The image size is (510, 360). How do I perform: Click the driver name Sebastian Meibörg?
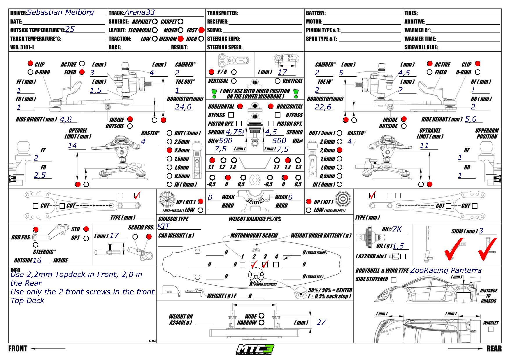[x=60, y=12]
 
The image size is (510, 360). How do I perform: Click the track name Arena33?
[x=139, y=12]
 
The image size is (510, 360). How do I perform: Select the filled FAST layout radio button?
[x=201, y=30]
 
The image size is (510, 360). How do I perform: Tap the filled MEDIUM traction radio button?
[x=180, y=39]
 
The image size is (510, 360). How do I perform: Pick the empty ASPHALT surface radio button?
[x=155, y=21]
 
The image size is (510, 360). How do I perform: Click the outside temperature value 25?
[x=70, y=29]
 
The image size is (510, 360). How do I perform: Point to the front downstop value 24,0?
[x=183, y=107]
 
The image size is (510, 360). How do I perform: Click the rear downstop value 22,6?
[x=323, y=107]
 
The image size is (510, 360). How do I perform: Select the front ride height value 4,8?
[x=66, y=119]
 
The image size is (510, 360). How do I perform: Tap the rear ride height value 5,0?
[x=471, y=119]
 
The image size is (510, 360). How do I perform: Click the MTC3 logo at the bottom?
[x=255, y=349]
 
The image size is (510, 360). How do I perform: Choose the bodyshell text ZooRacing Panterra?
[x=446, y=271]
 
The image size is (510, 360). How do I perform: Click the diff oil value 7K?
[x=397, y=229]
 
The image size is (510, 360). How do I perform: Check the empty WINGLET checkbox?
[x=491, y=330]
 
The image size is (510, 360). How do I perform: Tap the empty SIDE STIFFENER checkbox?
[x=393, y=280]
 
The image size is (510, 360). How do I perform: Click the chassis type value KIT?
[x=164, y=227]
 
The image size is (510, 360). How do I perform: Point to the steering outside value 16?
[x=37, y=260]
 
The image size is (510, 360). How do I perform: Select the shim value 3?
[x=481, y=231]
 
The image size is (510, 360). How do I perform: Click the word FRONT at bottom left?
[x=18, y=348]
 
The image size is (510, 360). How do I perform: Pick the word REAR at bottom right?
[x=494, y=348]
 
